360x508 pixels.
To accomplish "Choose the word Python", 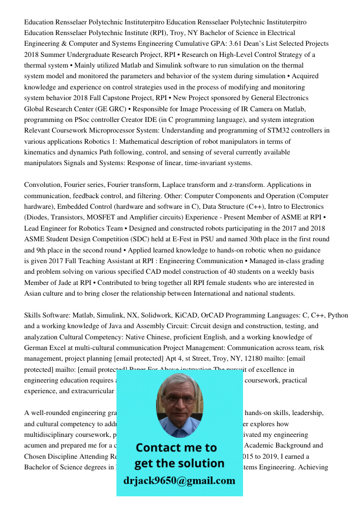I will (338, 315).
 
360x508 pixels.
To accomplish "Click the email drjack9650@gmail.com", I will (179, 481).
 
